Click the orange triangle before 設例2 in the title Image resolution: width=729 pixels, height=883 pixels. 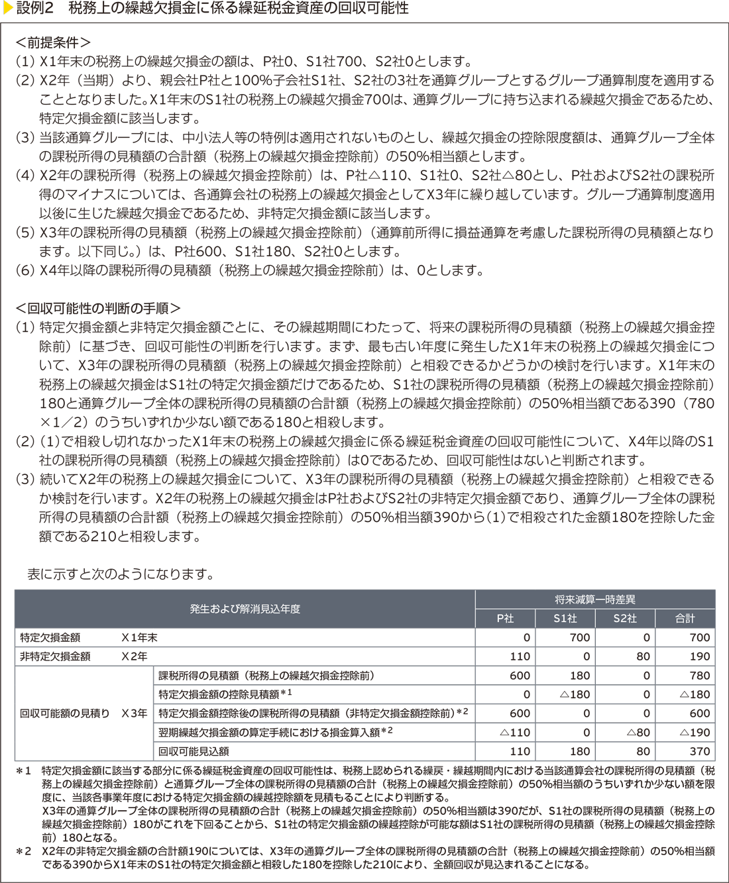click(7, 9)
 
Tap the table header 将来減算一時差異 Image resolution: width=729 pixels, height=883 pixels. click(594, 599)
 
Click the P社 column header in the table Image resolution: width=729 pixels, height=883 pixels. click(505, 618)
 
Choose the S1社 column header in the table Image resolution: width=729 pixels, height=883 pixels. click(565, 618)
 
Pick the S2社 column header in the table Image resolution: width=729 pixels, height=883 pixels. click(625, 618)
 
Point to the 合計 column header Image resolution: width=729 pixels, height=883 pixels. click(685, 618)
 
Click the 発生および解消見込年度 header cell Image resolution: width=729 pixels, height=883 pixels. click(245, 609)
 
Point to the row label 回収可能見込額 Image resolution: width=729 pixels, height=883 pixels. click(194, 751)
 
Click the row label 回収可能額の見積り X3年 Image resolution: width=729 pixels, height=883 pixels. click(84, 713)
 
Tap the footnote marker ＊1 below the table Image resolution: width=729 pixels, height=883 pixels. click(24, 771)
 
